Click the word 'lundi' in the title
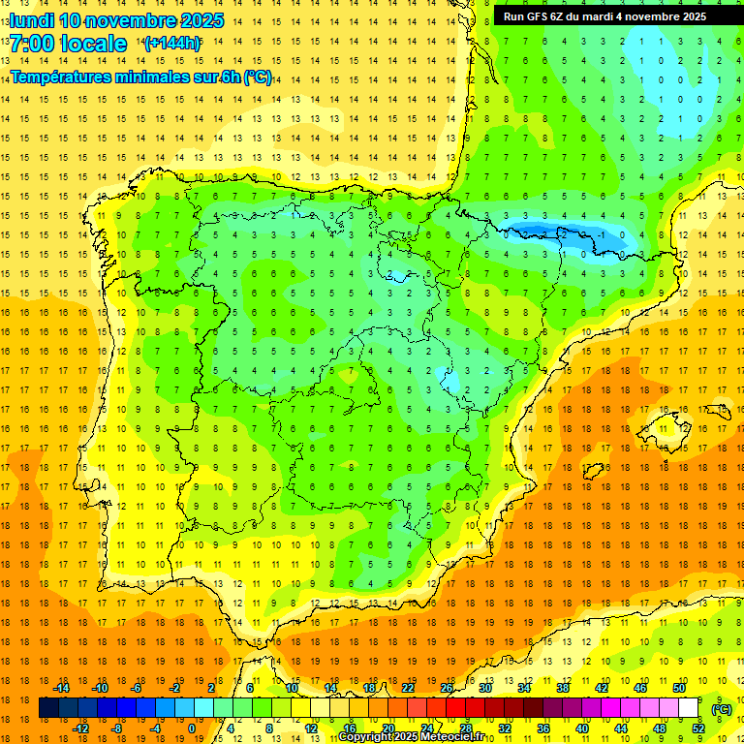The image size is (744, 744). point(31,20)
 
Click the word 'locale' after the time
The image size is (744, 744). point(93,44)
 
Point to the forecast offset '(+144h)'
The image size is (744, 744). point(171,43)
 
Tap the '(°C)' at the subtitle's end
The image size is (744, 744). point(258,77)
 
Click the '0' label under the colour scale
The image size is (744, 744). point(192,728)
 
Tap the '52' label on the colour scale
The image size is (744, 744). point(697,728)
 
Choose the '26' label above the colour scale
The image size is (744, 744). point(447,688)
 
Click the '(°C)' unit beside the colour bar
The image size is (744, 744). point(722,708)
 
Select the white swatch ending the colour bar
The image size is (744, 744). point(689,708)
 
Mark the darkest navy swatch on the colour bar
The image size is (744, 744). point(48,708)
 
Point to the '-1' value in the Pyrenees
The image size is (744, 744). point(602,234)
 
